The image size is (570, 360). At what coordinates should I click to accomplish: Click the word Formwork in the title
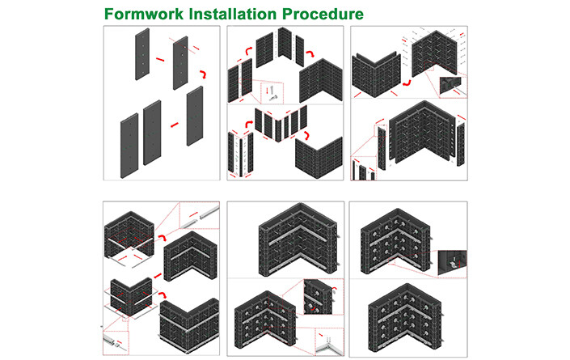144,14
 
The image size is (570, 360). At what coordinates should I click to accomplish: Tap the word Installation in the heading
233,14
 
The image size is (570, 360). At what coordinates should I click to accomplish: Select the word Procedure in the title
323,14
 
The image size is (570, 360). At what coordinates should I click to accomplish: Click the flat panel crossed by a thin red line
180,62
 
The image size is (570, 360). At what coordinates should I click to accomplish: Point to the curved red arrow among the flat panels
203,74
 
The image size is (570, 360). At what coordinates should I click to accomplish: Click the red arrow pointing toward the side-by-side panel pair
175,125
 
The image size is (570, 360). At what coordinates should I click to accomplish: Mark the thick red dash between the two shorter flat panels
160,59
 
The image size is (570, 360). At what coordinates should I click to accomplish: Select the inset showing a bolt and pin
272,94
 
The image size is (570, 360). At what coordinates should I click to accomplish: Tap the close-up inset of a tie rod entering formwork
453,87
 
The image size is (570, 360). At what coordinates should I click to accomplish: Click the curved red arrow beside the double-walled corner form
407,83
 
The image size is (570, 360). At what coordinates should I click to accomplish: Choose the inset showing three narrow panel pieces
363,168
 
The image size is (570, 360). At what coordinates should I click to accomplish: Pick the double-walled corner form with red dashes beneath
377,75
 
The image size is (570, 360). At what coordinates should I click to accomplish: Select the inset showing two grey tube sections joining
200,215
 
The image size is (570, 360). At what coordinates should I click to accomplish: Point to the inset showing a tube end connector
116,342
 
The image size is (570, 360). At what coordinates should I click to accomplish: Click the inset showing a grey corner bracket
329,341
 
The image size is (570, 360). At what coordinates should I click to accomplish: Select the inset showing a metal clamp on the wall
452,264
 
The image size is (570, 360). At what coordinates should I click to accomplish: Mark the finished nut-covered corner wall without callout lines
405,318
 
